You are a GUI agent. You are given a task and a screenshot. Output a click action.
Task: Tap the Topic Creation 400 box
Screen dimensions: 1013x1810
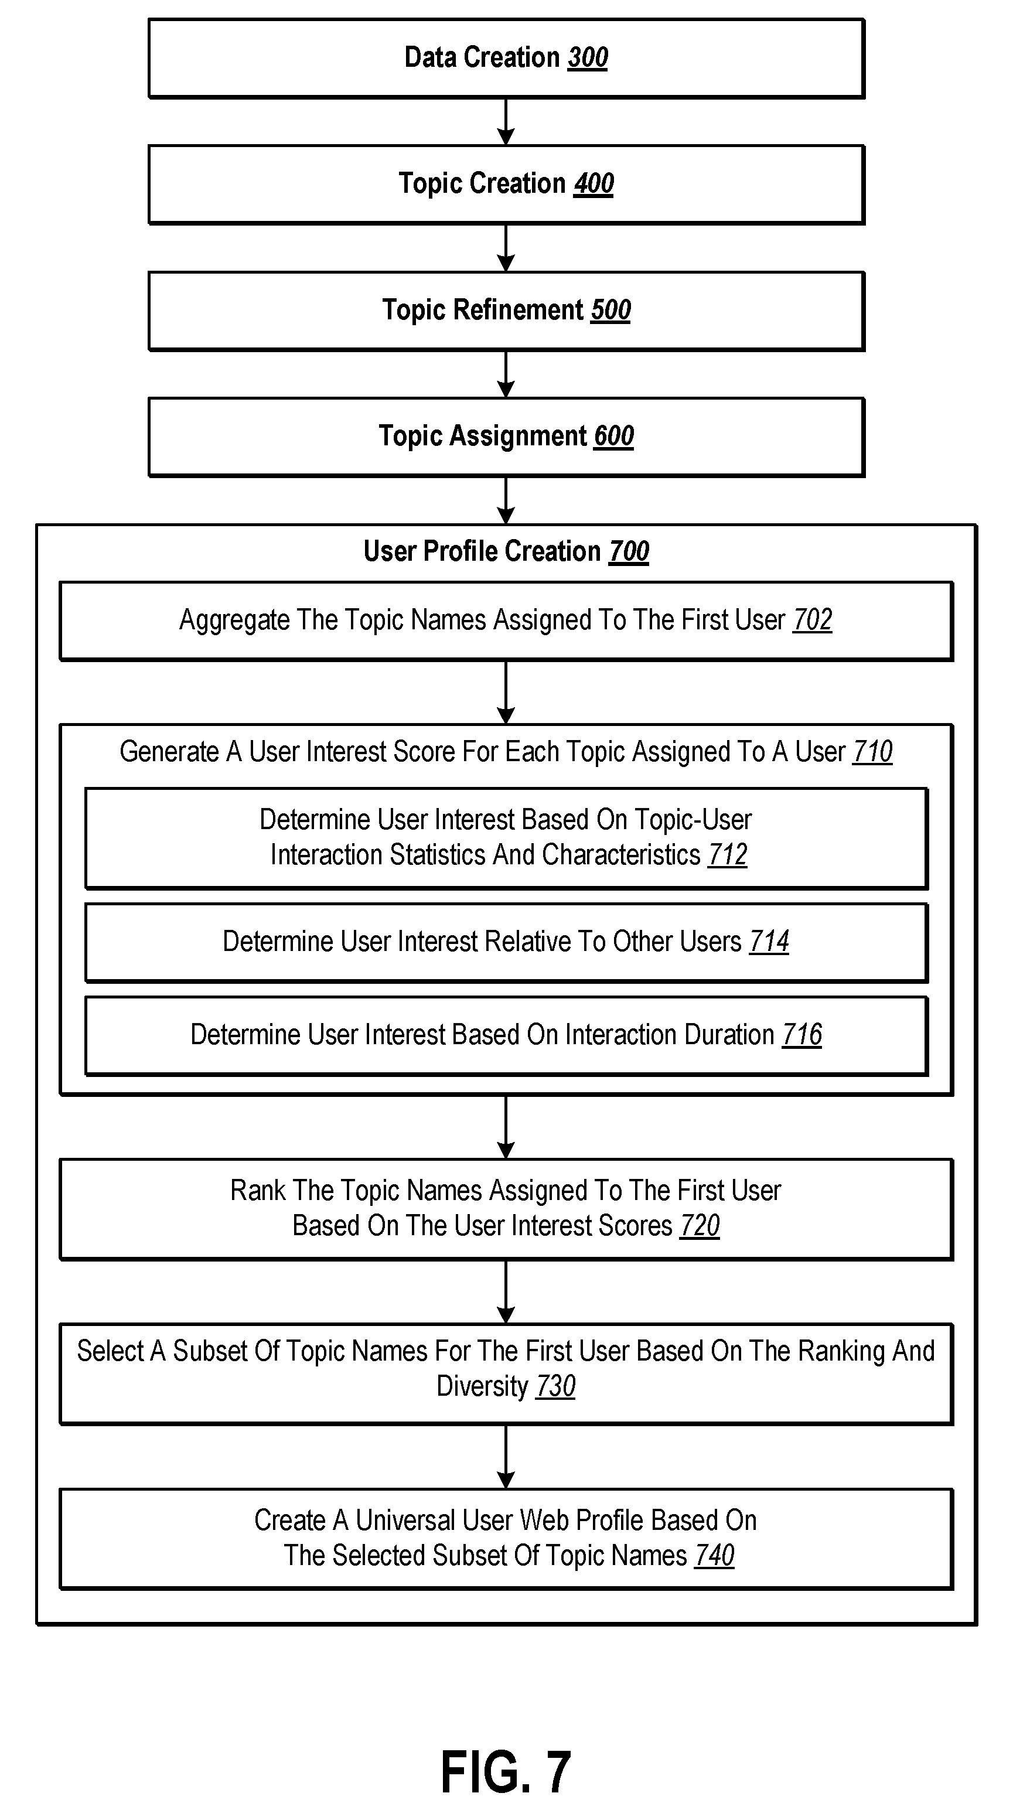click(x=506, y=185)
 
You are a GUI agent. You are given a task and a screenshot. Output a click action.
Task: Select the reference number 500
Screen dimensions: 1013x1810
click(x=610, y=310)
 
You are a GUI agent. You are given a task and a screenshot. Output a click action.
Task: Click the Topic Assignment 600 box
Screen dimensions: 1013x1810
click(x=506, y=437)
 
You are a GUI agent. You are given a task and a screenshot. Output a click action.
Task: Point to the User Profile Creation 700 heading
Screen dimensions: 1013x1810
click(x=506, y=551)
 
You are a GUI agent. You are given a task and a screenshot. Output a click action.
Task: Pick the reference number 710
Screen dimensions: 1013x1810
click(x=872, y=752)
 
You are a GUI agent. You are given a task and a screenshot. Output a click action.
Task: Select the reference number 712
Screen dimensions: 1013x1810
click(x=728, y=855)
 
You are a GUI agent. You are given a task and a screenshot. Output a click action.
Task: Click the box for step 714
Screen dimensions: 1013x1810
click(x=506, y=943)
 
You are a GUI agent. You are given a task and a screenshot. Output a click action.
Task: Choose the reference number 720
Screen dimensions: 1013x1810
click(x=700, y=1226)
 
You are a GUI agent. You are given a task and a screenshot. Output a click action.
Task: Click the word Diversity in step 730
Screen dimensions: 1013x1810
click(x=482, y=1387)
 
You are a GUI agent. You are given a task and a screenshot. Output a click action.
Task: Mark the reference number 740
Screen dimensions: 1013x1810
click(x=714, y=1556)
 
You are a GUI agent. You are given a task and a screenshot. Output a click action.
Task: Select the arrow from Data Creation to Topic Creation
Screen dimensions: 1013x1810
click(x=506, y=121)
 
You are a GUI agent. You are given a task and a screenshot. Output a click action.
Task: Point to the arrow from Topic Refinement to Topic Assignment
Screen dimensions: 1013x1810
click(x=506, y=374)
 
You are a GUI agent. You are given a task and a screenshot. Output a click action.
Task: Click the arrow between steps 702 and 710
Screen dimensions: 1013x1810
click(x=506, y=692)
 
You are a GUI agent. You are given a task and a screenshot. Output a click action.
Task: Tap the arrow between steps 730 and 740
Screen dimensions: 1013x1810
click(x=506, y=1457)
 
